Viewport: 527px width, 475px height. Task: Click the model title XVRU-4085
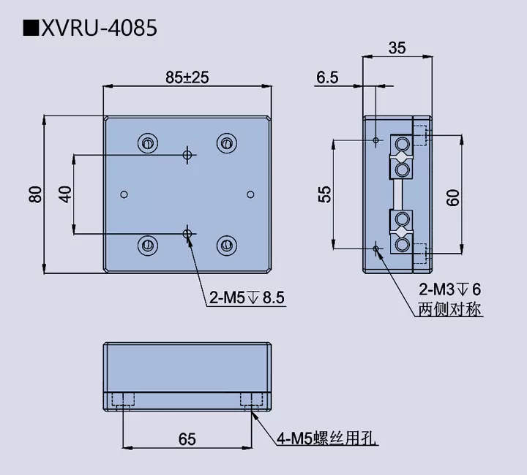[99, 28]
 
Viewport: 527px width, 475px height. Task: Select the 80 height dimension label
[35, 195]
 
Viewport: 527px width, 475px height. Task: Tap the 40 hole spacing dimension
[65, 194]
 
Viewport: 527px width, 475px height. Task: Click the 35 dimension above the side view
[397, 48]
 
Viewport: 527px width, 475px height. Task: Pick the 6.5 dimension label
[327, 77]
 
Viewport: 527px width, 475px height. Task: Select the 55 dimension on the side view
[325, 194]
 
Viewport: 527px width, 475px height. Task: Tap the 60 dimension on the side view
[453, 197]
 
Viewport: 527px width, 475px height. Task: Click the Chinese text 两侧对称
[449, 309]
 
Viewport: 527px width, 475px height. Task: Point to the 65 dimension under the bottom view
[187, 438]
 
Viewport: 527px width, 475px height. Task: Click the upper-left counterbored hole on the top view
[149, 142]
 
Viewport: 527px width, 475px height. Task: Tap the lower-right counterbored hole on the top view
[226, 244]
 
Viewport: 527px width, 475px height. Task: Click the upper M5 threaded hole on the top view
[188, 155]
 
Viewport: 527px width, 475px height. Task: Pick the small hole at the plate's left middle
[124, 194]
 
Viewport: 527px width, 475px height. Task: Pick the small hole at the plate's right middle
[250, 194]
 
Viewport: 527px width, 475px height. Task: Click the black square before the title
[31, 28]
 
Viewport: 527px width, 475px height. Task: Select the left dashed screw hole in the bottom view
[124, 399]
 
